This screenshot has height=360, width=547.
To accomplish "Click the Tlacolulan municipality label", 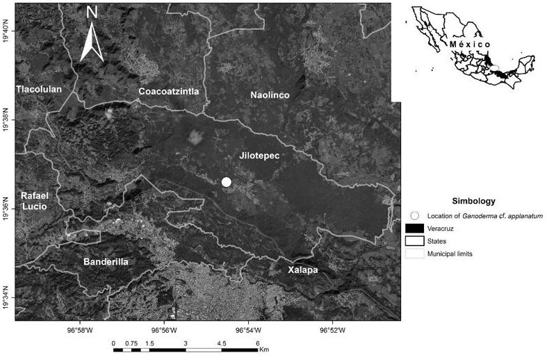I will click(x=39, y=89).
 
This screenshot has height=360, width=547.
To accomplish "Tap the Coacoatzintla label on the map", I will click(x=169, y=92).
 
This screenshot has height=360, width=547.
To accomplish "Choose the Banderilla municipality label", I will click(x=106, y=261).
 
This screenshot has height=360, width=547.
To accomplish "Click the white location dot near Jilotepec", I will click(x=226, y=182).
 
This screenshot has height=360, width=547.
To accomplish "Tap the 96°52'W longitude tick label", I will click(x=332, y=330).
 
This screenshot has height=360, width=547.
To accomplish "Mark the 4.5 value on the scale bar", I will click(x=222, y=343).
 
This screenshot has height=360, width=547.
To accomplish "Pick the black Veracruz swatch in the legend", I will click(x=415, y=229).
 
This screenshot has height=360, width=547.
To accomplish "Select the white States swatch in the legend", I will click(x=415, y=241).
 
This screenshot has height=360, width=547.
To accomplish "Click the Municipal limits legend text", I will click(x=450, y=254).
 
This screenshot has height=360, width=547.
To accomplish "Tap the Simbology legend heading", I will click(x=473, y=201).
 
